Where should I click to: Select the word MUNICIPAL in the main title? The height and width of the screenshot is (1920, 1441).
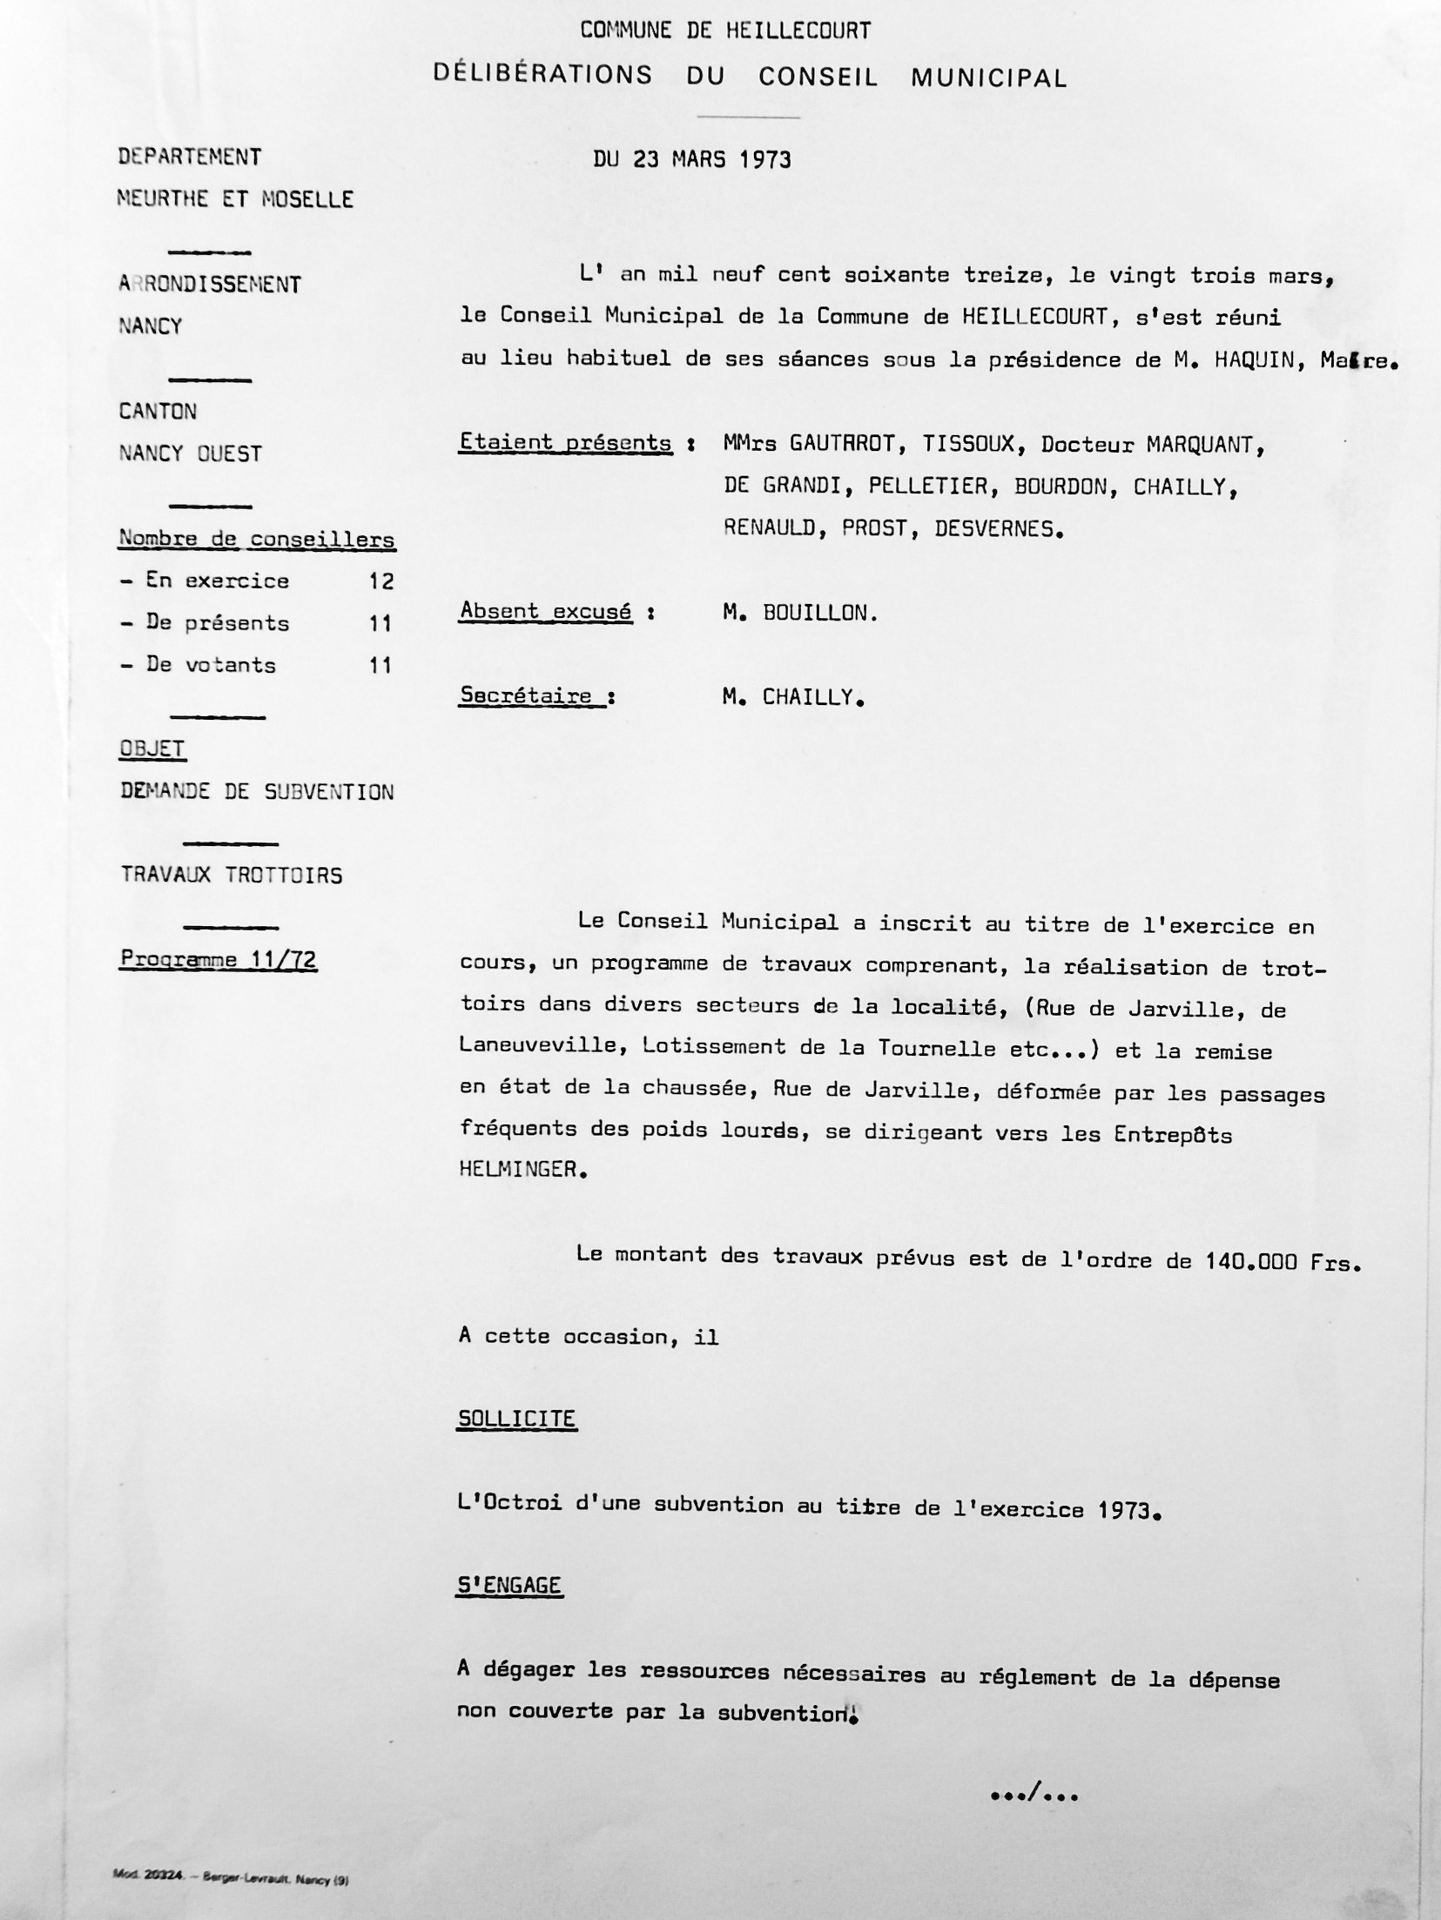click(988, 77)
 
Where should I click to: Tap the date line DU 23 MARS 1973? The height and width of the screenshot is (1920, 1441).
click(692, 160)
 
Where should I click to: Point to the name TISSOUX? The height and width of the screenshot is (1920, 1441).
click(969, 445)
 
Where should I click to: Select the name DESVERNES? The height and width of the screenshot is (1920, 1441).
click(997, 528)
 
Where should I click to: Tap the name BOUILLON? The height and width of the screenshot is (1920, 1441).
click(819, 613)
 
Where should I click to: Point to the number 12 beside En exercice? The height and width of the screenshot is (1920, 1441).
click(380, 581)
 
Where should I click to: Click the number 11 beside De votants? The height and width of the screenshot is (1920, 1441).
click(380, 666)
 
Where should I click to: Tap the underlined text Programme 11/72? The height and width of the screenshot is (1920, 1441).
click(218, 960)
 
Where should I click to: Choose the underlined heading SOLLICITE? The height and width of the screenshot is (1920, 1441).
click(516, 1419)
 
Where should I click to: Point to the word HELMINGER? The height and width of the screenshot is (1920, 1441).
click(517, 1169)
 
